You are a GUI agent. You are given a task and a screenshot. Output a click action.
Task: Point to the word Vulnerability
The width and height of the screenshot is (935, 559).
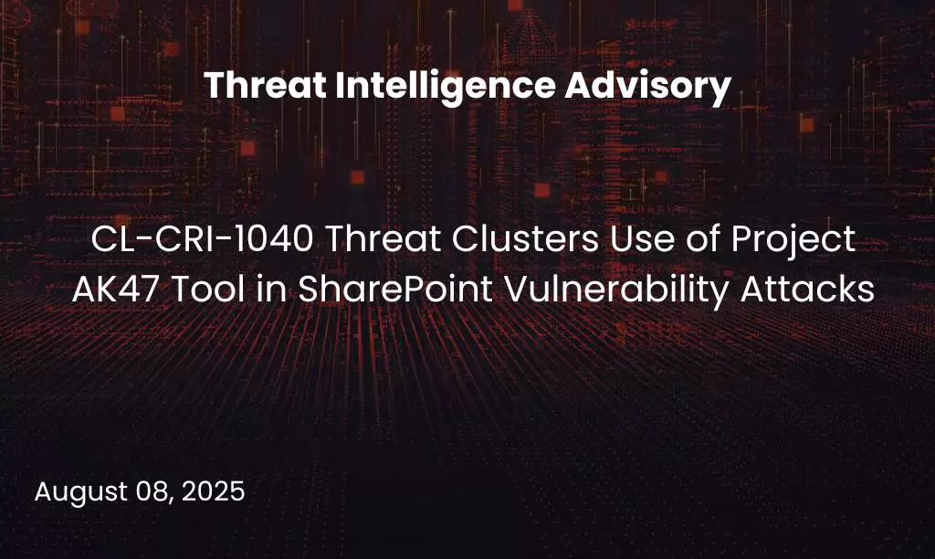pyautogui.click(x=608, y=291)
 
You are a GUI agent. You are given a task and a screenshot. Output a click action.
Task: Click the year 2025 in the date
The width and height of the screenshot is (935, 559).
pyautogui.click(x=214, y=491)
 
